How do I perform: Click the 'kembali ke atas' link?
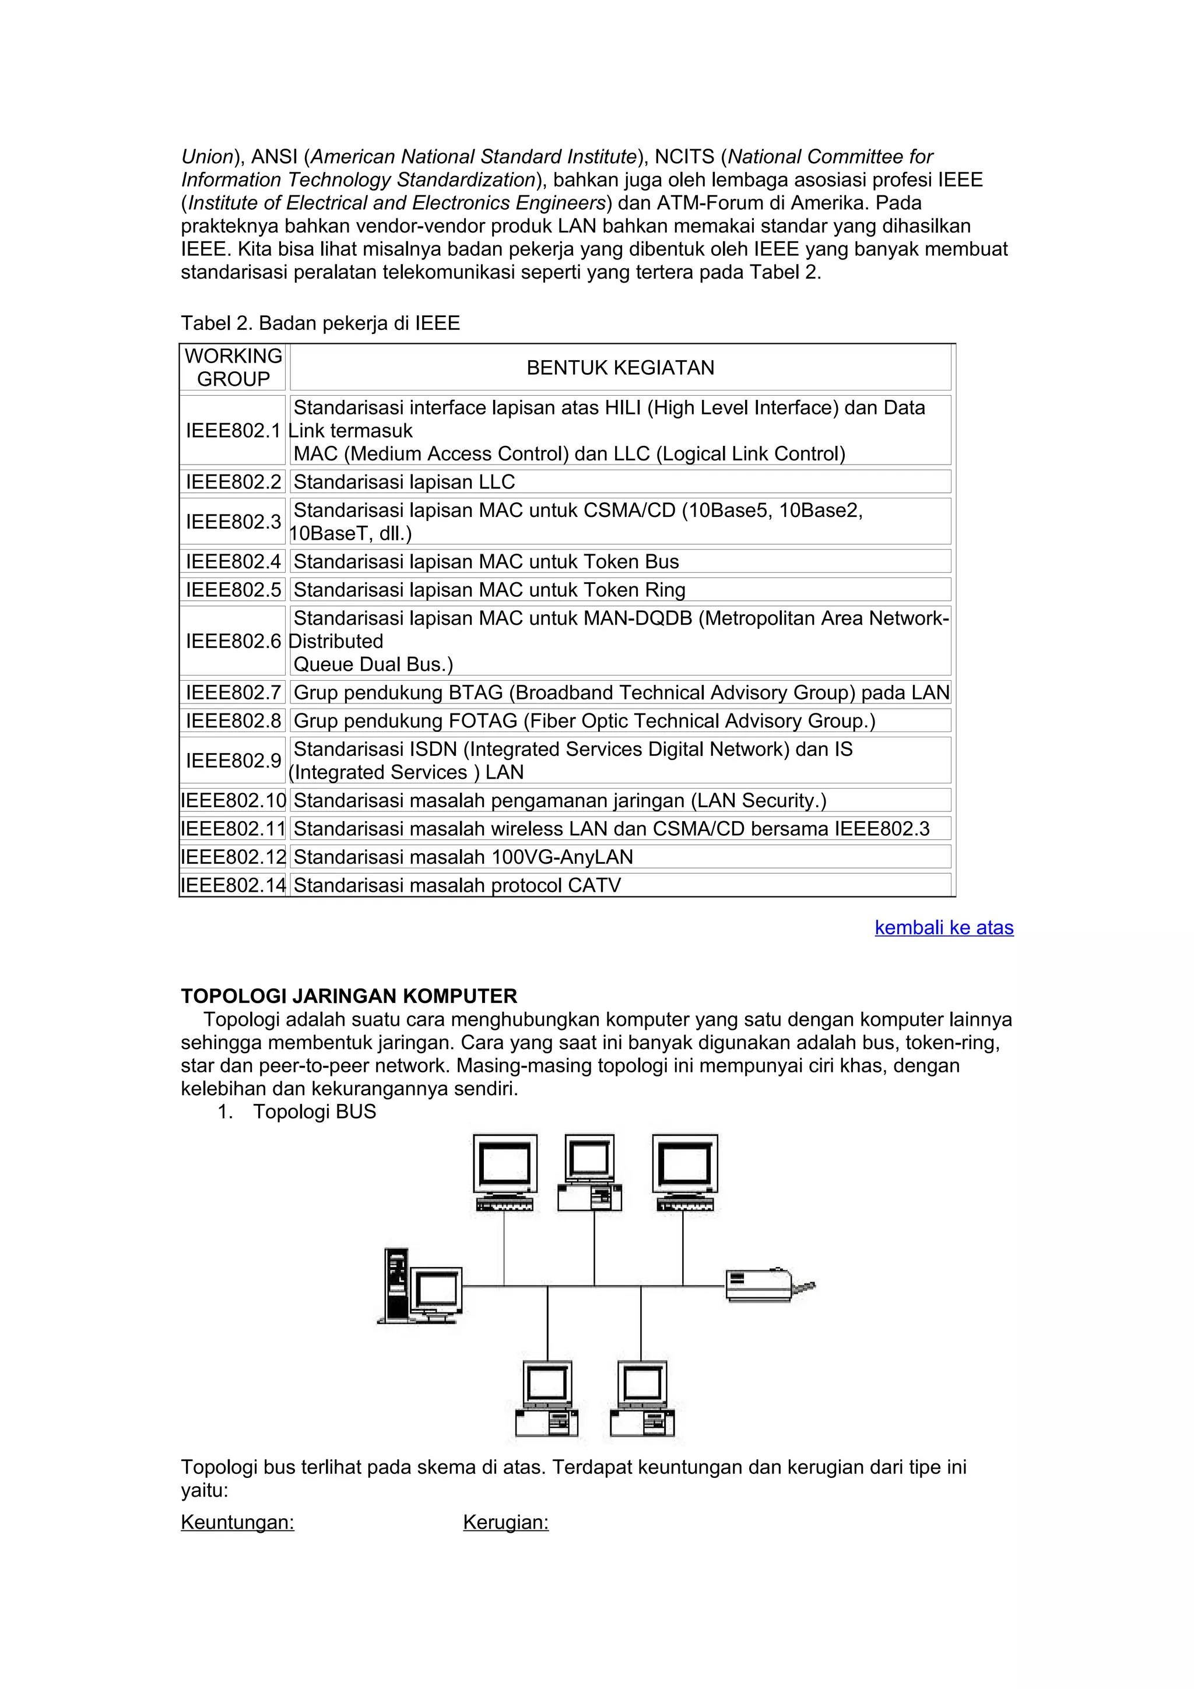943,928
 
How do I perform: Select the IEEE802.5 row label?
233,590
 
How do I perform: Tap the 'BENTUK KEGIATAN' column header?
620,368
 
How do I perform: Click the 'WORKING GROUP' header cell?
233,368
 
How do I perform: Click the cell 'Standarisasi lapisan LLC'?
404,482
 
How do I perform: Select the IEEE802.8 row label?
233,721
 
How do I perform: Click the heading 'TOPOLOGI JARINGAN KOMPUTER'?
349,996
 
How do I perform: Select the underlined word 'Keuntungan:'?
238,1522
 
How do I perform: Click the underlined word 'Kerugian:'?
505,1522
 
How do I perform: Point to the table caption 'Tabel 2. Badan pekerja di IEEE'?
320,323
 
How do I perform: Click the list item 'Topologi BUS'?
314,1111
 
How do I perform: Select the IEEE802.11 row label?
233,829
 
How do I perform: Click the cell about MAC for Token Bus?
486,562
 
